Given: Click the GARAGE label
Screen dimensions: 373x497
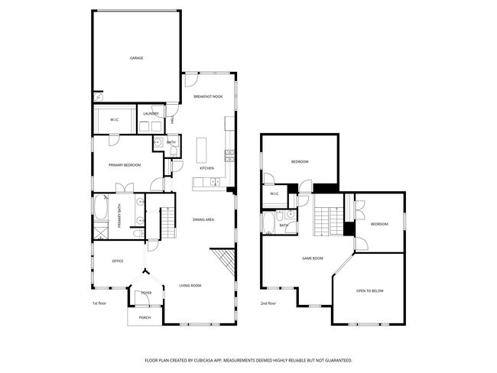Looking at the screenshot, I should [x=136, y=58].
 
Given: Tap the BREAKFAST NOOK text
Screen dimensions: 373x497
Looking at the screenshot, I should [x=207, y=97].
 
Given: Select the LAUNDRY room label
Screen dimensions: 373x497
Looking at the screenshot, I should [x=151, y=114].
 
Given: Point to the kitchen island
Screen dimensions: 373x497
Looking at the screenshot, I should [x=203, y=150].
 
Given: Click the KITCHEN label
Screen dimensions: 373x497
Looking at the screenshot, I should [x=206, y=168].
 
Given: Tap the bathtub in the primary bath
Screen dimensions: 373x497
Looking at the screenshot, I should [x=102, y=207].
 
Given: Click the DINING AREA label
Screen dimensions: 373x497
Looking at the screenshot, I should [x=203, y=219].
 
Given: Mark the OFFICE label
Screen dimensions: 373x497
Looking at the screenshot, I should [x=118, y=261].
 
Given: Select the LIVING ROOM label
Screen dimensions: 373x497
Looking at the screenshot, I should [x=190, y=286].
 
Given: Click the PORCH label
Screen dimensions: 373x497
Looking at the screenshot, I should [x=145, y=317].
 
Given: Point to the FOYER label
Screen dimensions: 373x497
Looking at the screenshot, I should [x=145, y=293].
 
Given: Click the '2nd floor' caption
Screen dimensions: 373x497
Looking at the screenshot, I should [x=267, y=303].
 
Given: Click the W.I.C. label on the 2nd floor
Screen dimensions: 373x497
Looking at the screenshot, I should [x=274, y=194].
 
